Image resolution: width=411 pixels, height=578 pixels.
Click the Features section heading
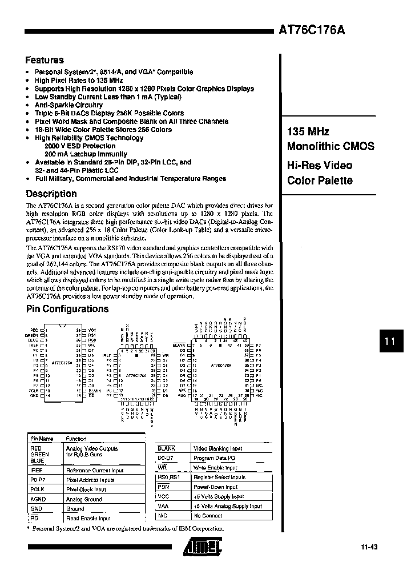[45, 60]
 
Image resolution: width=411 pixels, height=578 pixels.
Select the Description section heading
[51, 194]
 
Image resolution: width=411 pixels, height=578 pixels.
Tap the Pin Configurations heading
[67, 309]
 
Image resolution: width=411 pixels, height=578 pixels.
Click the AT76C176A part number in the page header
[312, 31]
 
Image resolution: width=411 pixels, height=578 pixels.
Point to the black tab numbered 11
[390, 342]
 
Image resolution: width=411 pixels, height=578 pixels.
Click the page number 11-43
[369, 547]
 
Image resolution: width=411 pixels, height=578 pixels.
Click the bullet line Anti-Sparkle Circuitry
[68, 105]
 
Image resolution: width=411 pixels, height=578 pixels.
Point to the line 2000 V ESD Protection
[80, 146]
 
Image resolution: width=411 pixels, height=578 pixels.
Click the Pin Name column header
[42, 439]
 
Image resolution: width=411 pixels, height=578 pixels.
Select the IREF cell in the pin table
[37, 471]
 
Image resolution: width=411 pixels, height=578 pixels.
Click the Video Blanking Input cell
[219, 448]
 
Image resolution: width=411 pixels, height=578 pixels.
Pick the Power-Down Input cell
[215, 487]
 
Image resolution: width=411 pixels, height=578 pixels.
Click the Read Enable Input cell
[88, 518]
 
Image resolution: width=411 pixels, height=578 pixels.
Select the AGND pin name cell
[38, 499]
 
